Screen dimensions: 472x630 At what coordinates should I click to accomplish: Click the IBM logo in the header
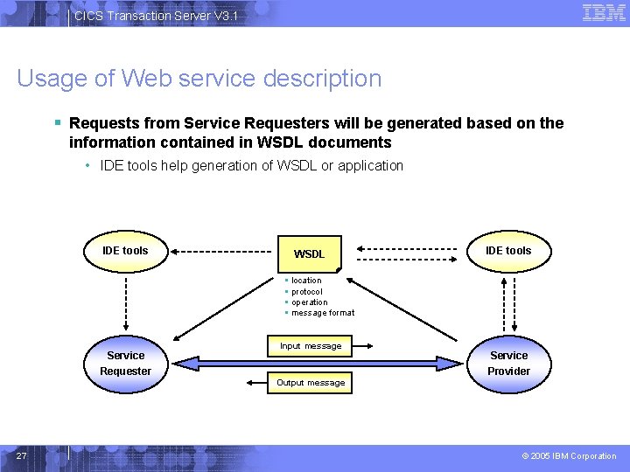click(604, 12)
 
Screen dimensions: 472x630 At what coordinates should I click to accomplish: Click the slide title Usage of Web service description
click(199, 79)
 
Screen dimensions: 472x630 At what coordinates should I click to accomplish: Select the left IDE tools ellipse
click(125, 251)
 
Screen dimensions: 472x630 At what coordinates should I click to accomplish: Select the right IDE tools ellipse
click(507, 251)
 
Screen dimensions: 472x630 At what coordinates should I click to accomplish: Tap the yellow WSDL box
click(309, 253)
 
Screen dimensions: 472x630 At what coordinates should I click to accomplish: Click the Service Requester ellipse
click(125, 363)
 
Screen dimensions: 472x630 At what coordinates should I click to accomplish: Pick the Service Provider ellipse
click(508, 363)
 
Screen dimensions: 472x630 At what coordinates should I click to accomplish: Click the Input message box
click(311, 346)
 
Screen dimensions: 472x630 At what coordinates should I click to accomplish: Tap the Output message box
click(311, 383)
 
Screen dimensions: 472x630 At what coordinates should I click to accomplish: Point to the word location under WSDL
click(306, 281)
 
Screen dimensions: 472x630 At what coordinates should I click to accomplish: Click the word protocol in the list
click(307, 292)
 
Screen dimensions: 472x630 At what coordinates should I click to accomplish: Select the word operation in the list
click(310, 302)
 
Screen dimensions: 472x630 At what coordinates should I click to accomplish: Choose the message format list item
click(323, 313)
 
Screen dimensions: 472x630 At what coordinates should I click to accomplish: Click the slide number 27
click(22, 455)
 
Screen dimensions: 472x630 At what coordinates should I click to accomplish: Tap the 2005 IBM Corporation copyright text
click(569, 456)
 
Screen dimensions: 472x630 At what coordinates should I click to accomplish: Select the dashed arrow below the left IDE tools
click(125, 306)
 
